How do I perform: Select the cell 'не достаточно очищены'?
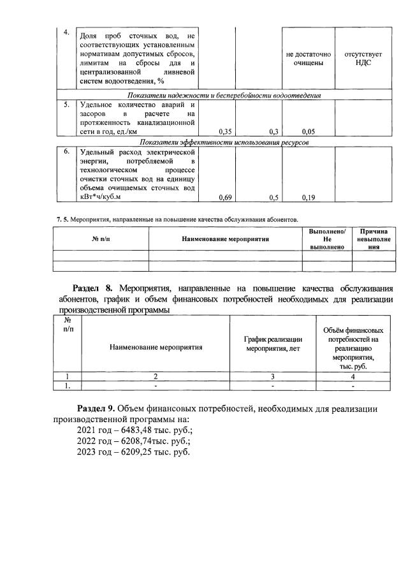point(309,59)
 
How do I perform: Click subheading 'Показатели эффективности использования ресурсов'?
point(224,143)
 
